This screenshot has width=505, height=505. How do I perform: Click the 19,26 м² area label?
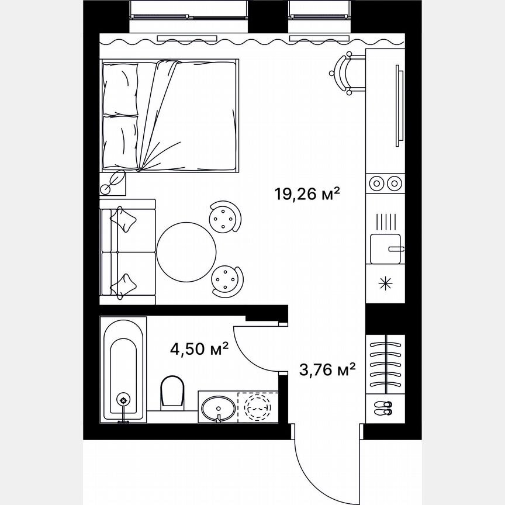coord(307,193)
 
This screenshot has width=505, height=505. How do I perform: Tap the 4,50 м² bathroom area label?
coord(199,350)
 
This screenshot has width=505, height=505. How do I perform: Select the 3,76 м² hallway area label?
coord(328,370)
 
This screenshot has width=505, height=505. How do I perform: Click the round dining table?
coord(187,251)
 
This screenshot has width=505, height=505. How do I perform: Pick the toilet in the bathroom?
coord(173,390)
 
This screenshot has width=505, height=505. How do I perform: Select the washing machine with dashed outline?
coord(258,404)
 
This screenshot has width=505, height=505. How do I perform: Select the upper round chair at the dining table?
coord(225,216)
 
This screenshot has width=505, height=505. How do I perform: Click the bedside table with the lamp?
coord(113,183)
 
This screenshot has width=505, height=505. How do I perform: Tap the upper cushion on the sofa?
coord(126,219)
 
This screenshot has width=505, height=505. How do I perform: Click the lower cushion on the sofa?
coord(125,285)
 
